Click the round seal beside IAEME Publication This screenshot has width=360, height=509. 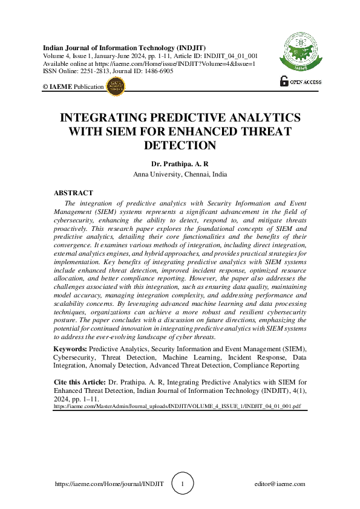[x=115, y=86]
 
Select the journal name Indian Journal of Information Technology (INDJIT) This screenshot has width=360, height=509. [x=124, y=48]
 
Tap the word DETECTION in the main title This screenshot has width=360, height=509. [x=180, y=145]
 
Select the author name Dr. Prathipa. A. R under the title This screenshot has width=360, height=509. [x=180, y=163]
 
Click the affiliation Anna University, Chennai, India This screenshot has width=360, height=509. [x=180, y=174]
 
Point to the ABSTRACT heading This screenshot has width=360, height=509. [x=73, y=193]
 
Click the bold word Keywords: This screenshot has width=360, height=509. [x=70, y=349]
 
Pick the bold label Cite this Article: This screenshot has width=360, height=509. [x=79, y=382]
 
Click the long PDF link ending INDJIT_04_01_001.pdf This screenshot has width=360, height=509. [x=177, y=407]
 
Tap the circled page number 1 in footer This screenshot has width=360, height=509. [x=184, y=484]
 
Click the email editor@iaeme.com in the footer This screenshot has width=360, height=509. [x=280, y=484]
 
